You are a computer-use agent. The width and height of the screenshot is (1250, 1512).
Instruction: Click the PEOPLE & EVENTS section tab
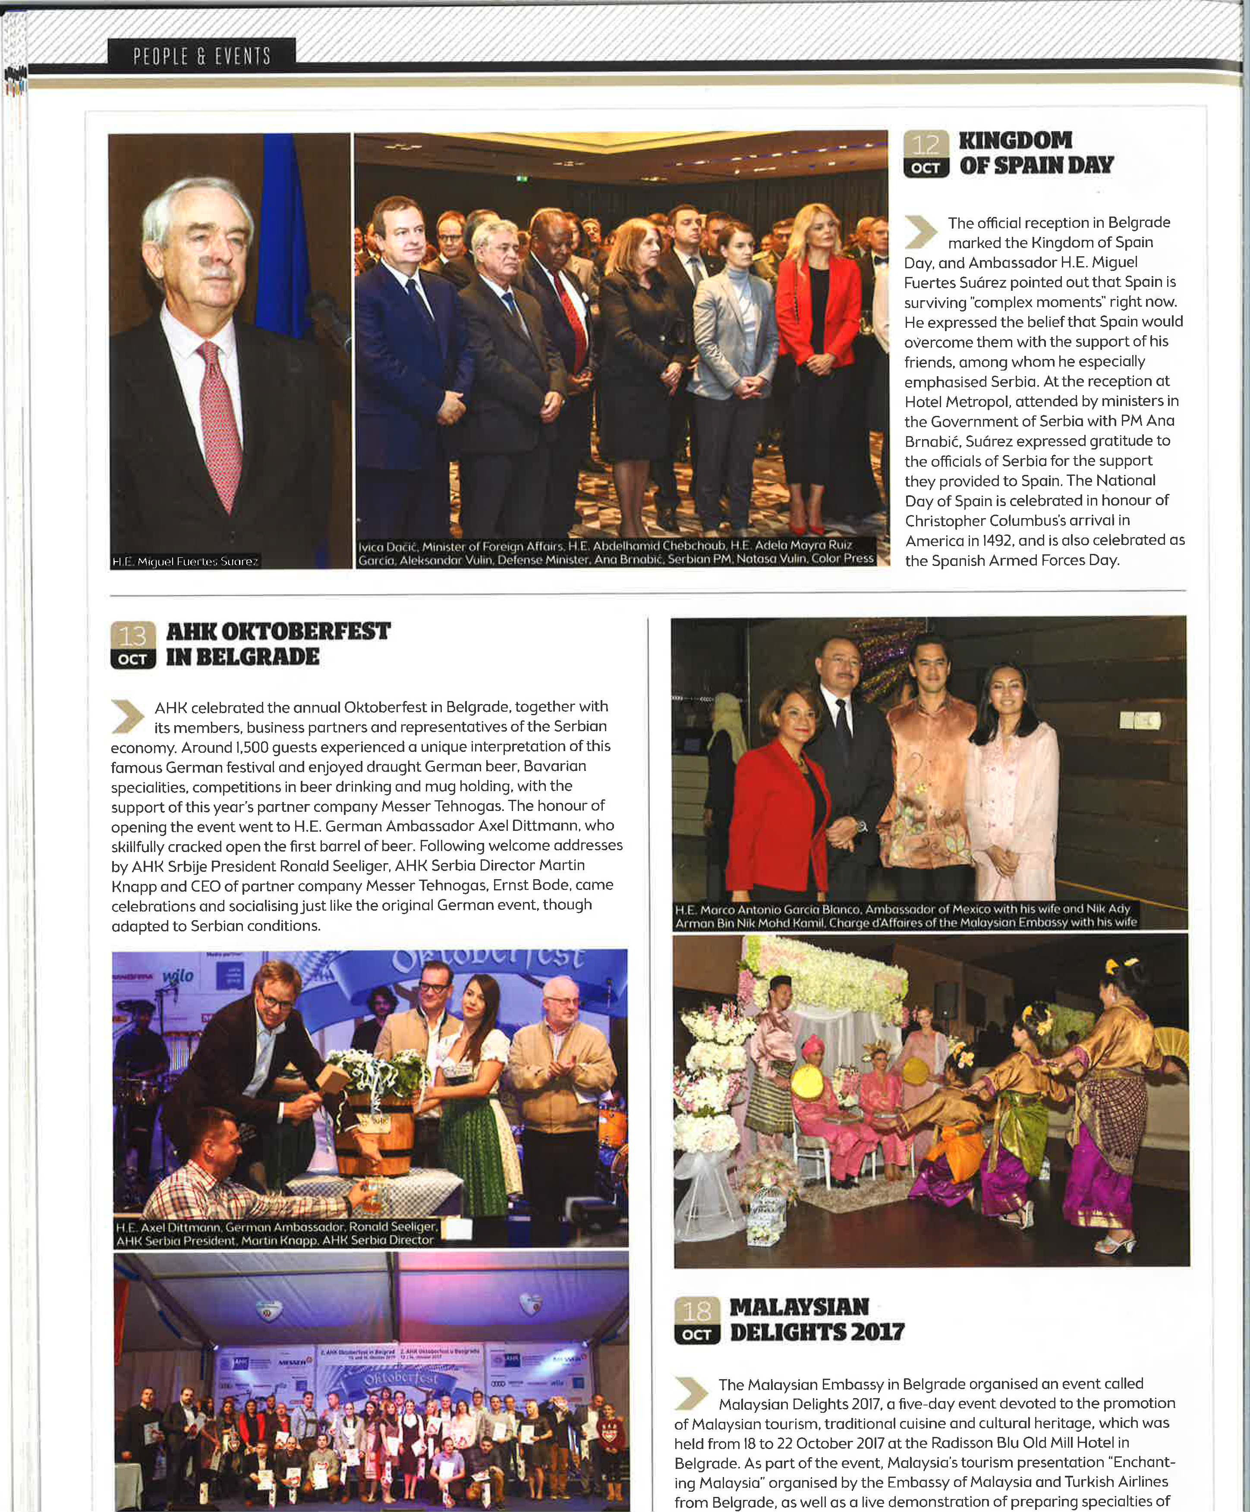click(201, 56)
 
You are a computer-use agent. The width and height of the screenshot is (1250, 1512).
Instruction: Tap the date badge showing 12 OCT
click(926, 154)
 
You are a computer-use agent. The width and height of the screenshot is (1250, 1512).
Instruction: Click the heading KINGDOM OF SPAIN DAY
click(1036, 153)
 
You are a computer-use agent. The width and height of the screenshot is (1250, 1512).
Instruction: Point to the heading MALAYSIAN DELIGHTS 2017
click(816, 1320)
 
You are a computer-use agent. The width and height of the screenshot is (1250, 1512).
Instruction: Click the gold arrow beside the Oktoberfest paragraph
click(128, 717)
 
